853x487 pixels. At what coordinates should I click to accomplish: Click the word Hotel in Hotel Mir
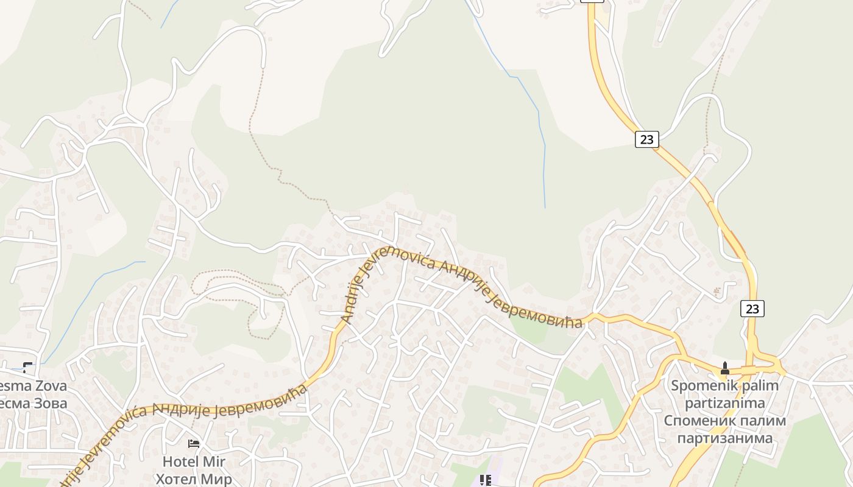coord(180,462)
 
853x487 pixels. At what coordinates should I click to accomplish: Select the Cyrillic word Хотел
coord(177,479)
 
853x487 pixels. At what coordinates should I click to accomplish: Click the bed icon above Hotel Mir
coord(194,444)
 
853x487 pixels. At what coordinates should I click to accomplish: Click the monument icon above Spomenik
coord(724,368)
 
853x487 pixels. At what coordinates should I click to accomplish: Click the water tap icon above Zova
coord(27,367)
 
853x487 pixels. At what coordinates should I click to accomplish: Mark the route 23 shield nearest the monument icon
coord(752,309)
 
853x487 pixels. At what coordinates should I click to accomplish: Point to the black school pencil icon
coord(486,481)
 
